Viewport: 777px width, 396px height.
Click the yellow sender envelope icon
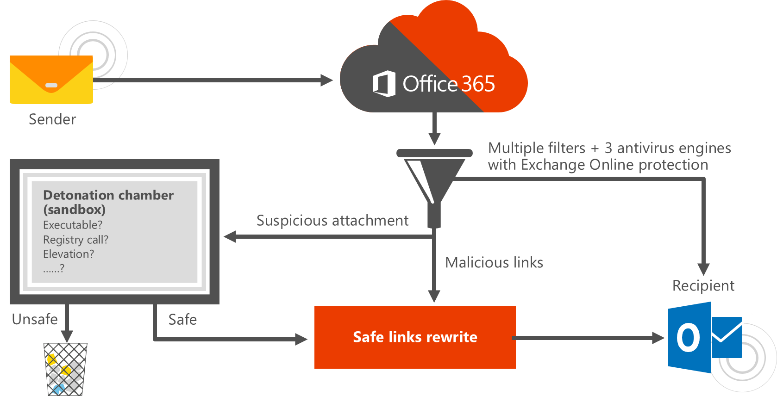click(51, 80)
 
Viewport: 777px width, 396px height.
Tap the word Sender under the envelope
click(52, 119)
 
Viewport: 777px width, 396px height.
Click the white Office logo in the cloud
click(384, 84)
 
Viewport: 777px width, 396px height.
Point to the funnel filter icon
click(434, 180)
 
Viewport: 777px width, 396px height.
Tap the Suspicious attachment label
click(332, 221)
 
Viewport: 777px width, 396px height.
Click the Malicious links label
click(494, 263)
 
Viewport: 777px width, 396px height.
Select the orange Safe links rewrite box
click(414, 337)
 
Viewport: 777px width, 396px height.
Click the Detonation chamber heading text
click(108, 195)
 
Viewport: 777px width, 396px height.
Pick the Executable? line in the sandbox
click(73, 225)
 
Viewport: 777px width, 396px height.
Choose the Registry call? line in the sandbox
click(75, 240)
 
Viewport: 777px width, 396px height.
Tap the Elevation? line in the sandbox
click(69, 254)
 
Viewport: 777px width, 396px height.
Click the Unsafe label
click(35, 319)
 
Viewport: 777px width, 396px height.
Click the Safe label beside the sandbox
click(182, 319)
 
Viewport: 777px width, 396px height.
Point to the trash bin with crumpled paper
click(65, 369)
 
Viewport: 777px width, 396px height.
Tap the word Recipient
click(703, 286)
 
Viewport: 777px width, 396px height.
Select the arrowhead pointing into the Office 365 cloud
click(327, 80)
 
